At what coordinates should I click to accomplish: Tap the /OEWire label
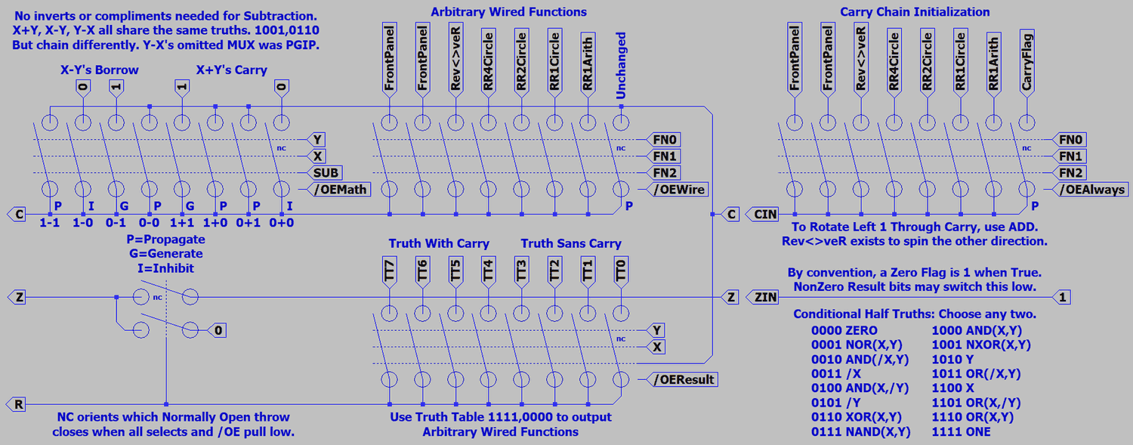pos(680,189)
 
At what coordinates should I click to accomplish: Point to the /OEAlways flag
pos(1091,189)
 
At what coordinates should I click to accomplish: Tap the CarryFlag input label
pos(1027,61)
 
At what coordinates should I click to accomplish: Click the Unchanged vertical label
pos(621,65)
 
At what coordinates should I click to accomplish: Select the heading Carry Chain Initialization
pos(915,11)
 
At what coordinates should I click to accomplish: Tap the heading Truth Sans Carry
pos(571,243)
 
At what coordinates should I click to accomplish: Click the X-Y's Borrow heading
pos(100,70)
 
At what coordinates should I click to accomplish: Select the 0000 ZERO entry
pos(844,330)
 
